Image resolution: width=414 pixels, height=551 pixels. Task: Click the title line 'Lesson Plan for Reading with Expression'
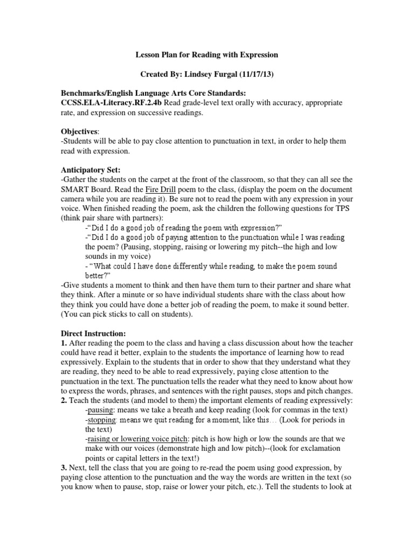point(206,55)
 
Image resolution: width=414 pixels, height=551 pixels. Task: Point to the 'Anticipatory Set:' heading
point(90,169)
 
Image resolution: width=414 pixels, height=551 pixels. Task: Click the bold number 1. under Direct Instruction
point(65,343)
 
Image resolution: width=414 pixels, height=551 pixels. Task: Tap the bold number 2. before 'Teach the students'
point(65,401)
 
